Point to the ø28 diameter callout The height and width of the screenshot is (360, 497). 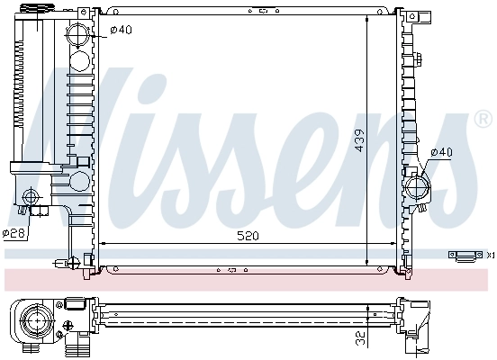pos(13,233)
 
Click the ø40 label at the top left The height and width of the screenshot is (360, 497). pos(120,31)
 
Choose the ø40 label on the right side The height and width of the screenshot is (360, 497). pos(440,152)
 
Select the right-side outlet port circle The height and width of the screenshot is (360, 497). pos(419,187)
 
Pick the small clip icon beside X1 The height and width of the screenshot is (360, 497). pos(465,255)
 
